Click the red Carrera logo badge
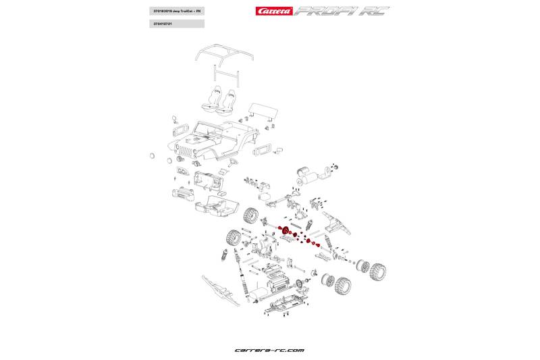(273, 11)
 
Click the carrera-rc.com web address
(269, 350)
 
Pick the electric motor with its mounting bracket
(312, 176)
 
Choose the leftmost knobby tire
(234, 238)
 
